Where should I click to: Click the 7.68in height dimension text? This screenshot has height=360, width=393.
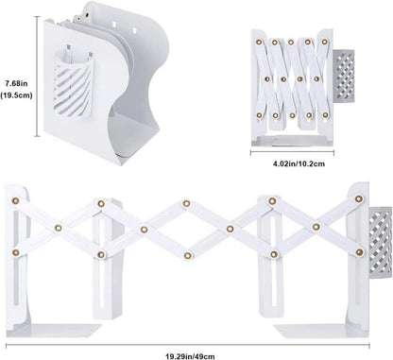click(16, 84)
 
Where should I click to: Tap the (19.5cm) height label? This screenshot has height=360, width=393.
click(16, 95)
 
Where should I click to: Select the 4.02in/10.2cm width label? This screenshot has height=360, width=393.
click(299, 163)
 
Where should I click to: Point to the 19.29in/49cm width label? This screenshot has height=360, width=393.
click(190, 356)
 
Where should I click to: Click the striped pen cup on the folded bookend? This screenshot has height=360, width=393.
click(74, 85)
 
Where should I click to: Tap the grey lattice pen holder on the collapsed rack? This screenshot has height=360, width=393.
click(344, 76)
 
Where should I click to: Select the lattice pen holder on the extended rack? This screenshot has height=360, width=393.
click(380, 242)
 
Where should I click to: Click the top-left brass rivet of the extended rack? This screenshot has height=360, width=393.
click(15, 200)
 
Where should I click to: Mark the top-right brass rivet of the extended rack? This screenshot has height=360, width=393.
click(358, 198)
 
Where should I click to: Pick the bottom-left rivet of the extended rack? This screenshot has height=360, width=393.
click(15, 252)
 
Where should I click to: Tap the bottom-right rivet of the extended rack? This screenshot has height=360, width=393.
click(359, 252)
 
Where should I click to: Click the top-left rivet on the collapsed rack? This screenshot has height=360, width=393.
click(259, 42)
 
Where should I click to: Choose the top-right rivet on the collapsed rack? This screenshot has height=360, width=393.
click(324, 42)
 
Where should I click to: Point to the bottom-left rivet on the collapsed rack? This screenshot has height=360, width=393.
click(259, 115)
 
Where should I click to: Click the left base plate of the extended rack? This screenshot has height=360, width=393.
click(54, 331)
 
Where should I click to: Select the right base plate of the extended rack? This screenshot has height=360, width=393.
click(321, 331)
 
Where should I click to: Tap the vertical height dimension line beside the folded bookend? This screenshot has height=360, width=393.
click(38, 77)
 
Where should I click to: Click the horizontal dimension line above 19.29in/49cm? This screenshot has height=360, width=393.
click(188, 346)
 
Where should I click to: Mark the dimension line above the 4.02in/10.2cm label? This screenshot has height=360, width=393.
click(292, 153)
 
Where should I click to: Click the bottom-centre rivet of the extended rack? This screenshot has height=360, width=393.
click(188, 255)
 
